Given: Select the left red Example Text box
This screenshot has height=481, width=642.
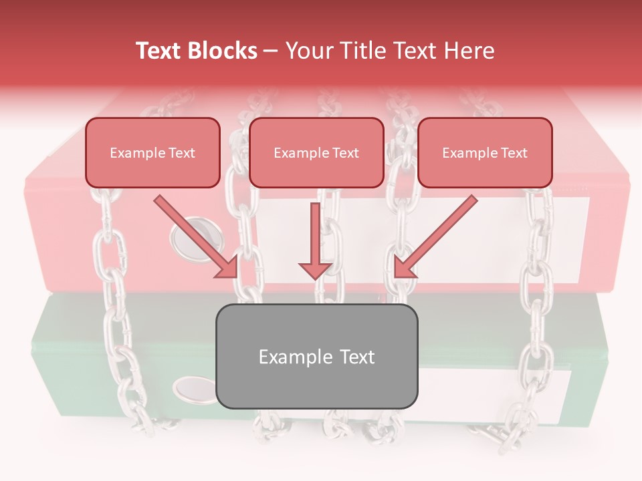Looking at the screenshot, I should [x=152, y=153].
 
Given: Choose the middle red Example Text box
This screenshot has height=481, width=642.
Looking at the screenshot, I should [x=316, y=153].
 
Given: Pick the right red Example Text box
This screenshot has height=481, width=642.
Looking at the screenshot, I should [x=485, y=153].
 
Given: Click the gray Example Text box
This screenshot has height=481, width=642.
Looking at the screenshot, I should [x=316, y=357].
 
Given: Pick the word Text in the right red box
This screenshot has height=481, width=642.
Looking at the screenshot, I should [x=514, y=153].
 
